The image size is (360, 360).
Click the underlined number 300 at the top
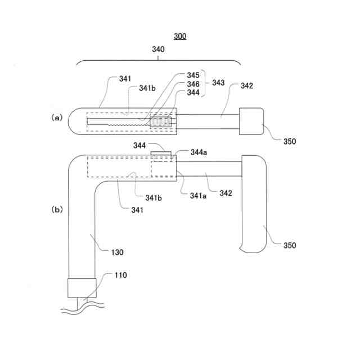pyautogui.click(x=180, y=37)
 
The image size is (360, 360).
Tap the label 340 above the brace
pyautogui.click(x=158, y=49)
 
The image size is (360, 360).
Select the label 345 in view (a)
pyautogui.click(x=193, y=75)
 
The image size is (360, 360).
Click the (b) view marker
pyautogui.click(x=57, y=209)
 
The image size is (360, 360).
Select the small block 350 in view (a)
pyautogui.click(x=251, y=121)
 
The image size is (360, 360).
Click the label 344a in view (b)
pyautogui.click(x=197, y=152)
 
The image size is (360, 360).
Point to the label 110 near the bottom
pyautogui.click(x=120, y=275)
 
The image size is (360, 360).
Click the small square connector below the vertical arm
pyautogui.click(x=79, y=289)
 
